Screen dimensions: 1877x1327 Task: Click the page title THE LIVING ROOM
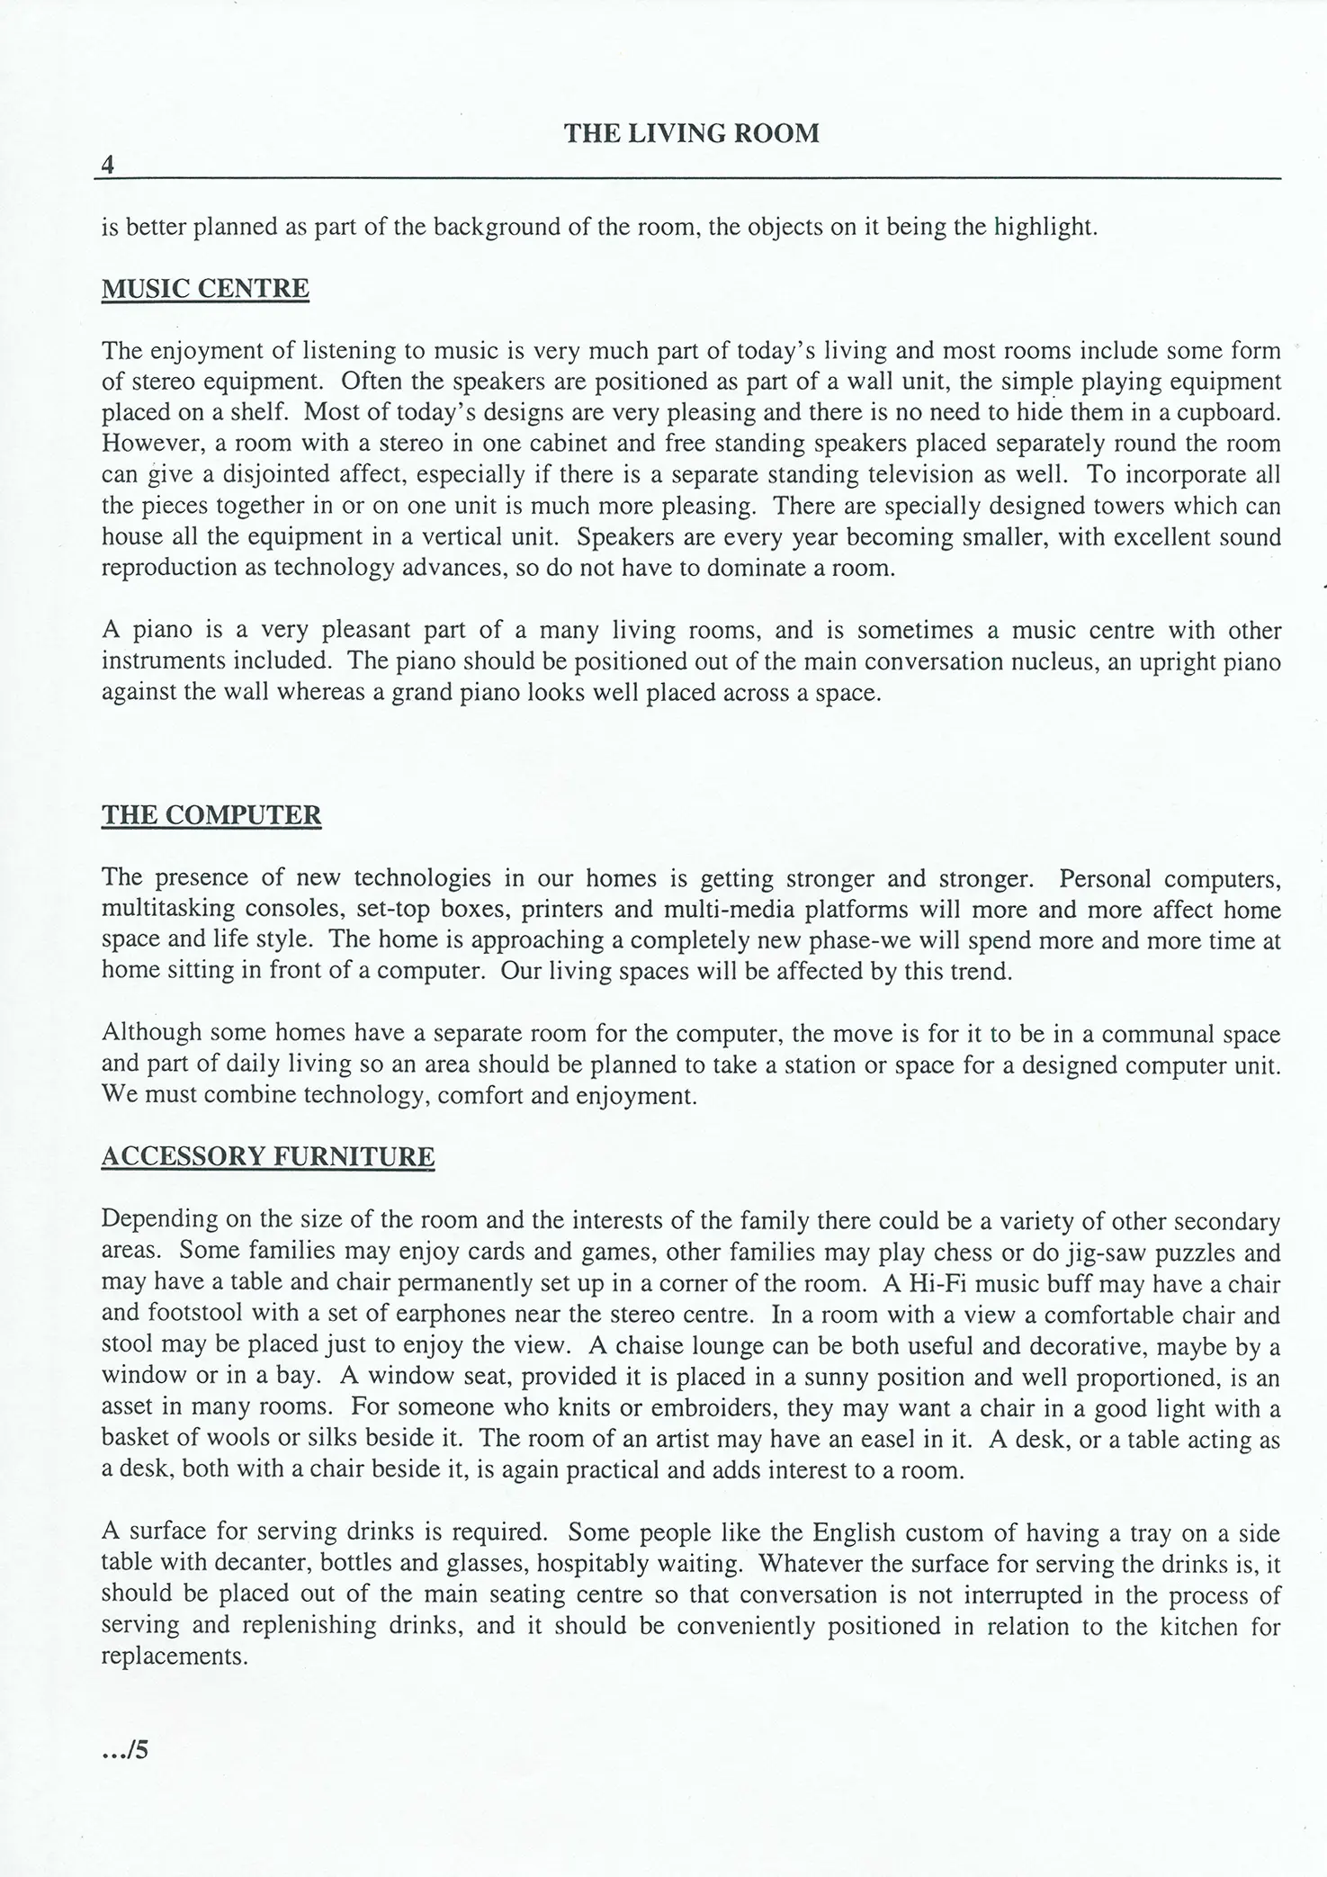point(691,133)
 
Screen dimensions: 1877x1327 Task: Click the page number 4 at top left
point(108,165)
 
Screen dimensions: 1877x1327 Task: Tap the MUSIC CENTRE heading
point(205,289)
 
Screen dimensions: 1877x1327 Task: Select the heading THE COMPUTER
point(211,815)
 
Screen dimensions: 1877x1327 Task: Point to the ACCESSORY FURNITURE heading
point(268,1156)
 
